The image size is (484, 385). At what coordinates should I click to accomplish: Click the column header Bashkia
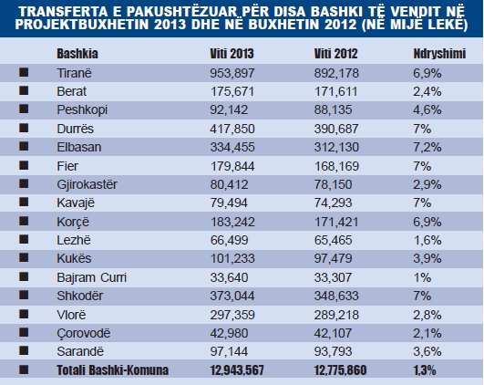coord(77,53)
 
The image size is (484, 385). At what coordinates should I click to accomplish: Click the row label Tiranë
coord(73,71)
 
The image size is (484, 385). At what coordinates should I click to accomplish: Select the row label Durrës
coord(73,129)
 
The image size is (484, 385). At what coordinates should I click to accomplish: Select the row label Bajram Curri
coord(88,277)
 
